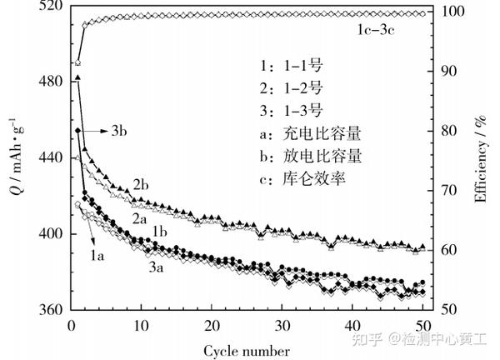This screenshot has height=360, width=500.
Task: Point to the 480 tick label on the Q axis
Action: (x=47, y=81)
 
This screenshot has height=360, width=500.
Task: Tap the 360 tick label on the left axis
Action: (x=47, y=309)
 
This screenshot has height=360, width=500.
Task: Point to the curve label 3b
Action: (x=118, y=131)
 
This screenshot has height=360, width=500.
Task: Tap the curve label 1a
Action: (x=96, y=257)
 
